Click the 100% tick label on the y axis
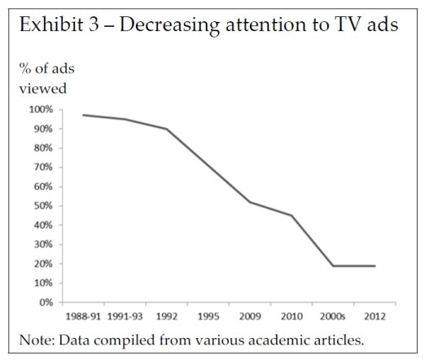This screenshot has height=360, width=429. [x=41, y=109]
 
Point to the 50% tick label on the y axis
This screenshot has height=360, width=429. [x=43, y=206]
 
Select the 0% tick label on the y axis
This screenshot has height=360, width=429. [x=46, y=302]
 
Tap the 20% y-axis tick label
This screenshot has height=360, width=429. [x=43, y=264]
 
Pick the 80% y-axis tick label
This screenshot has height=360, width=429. [x=43, y=148]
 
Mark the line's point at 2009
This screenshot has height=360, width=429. [x=251, y=202]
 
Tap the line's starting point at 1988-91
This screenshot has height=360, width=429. [x=83, y=115]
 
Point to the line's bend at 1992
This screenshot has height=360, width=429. [x=167, y=129]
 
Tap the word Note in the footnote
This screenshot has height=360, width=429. [x=37, y=339]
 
